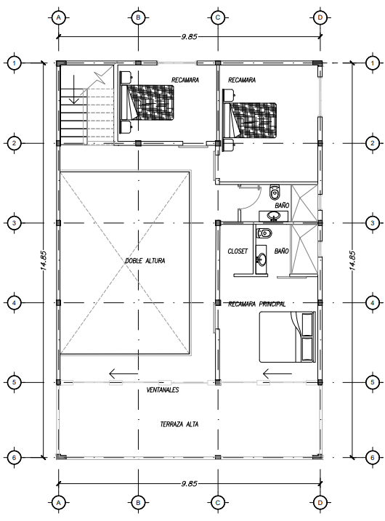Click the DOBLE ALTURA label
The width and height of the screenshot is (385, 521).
pyautogui.click(x=145, y=261)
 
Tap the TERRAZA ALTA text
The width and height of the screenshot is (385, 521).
pyautogui.click(x=179, y=424)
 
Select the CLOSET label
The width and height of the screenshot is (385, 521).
pyautogui.click(x=238, y=251)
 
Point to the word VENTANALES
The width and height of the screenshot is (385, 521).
pyautogui.click(x=163, y=390)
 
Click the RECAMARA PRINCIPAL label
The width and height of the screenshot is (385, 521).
pyautogui.click(x=256, y=304)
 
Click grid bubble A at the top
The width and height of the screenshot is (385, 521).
pyautogui.click(x=59, y=17)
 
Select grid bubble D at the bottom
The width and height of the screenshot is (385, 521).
pyautogui.click(x=320, y=503)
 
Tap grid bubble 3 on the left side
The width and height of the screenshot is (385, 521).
pyautogui.click(x=14, y=223)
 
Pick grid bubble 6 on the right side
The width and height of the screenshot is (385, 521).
pyautogui.click(x=373, y=458)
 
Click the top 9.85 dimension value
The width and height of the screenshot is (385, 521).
pyautogui.click(x=189, y=37)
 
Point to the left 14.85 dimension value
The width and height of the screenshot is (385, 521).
pyautogui.click(x=44, y=260)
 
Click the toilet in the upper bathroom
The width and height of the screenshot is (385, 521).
pyautogui.click(x=275, y=191)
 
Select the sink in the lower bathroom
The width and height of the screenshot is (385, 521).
pyautogui.click(x=262, y=259)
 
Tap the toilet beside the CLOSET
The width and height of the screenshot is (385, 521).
pyautogui.click(x=264, y=233)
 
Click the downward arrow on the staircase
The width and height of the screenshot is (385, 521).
pyautogui.click(x=74, y=89)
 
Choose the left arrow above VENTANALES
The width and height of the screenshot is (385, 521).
pyautogui.click(x=123, y=373)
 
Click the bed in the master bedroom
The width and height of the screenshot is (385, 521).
pyautogui.click(x=288, y=336)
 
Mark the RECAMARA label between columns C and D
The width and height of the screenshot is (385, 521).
pyautogui.click(x=242, y=80)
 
